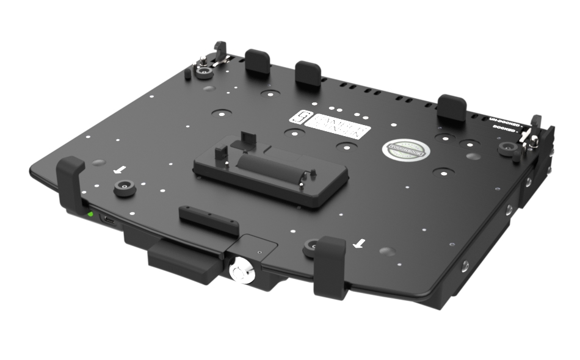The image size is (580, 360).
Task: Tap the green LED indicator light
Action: (x=90, y=214)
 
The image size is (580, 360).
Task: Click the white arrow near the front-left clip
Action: (x=123, y=169)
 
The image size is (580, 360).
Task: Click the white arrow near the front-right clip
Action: (x=360, y=244)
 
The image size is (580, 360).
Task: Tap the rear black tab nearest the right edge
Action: (x=452, y=108)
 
